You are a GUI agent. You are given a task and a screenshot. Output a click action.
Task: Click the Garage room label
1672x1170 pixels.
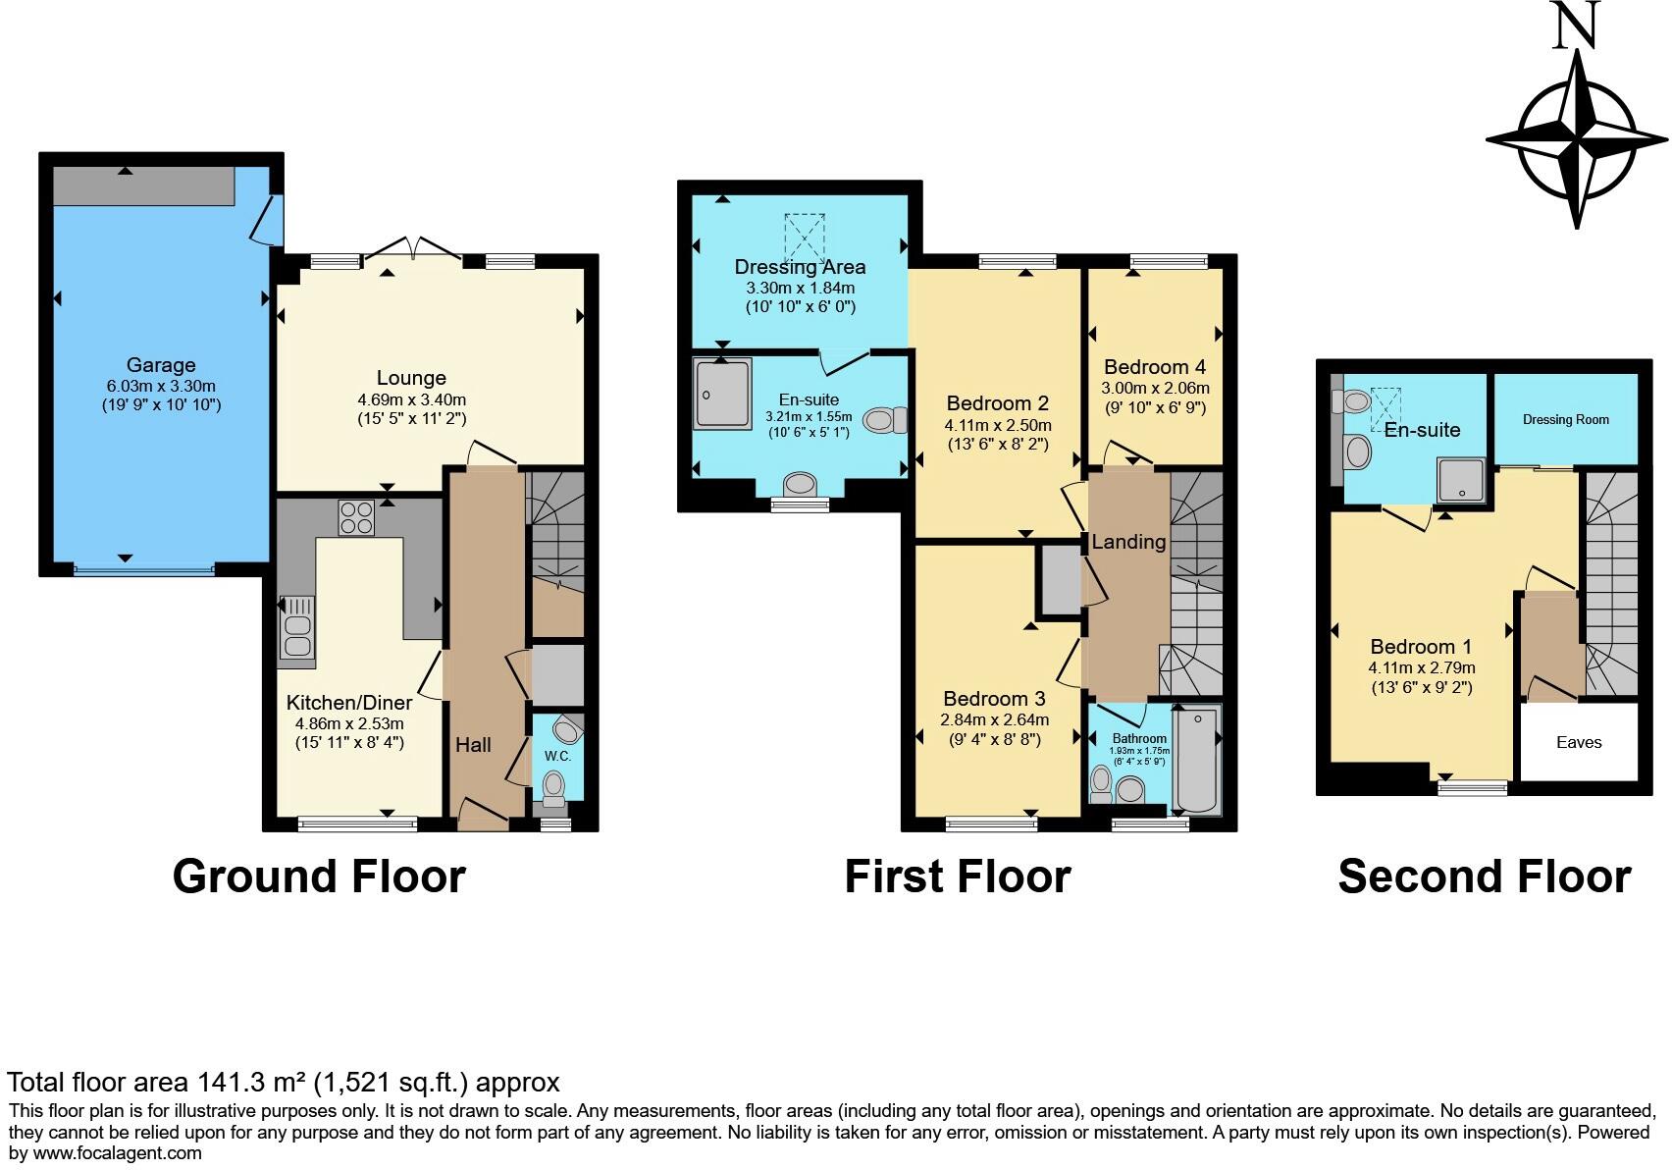pyautogui.click(x=161, y=365)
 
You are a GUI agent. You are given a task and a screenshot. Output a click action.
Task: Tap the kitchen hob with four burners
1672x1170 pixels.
pyautogui.click(x=356, y=517)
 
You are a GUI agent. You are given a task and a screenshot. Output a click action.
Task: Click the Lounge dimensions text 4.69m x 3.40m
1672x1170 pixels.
pyautogui.click(x=411, y=399)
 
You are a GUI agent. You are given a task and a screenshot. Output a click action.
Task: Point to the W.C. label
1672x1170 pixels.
pyautogui.click(x=557, y=756)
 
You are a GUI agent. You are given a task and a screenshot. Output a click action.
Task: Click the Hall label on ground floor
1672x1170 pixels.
pyautogui.click(x=473, y=745)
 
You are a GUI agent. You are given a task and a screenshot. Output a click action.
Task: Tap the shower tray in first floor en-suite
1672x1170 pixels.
pyautogui.click(x=722, y=394)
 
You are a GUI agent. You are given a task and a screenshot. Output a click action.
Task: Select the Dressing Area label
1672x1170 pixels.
pyautogui.click(x=800, y=267)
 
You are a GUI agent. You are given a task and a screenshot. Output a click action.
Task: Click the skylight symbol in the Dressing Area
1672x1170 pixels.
pyautogui.click(x=805, y=238)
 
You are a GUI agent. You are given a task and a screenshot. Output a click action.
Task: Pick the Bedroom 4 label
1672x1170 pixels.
pyautogui.click(x=1154, y=367)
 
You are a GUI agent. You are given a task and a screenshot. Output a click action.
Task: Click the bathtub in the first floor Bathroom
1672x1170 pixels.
pyautogui.click(x=1196, y=761)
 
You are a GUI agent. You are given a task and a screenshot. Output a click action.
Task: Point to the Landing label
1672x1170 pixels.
pyautogui.click(x=1128, y=542)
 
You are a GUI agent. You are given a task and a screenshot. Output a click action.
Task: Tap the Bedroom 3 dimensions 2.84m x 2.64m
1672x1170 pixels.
pyautogui.click(x=994, y=719)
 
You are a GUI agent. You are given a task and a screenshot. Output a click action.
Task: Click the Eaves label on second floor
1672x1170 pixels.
pyautogui.click(x=1579, y=742)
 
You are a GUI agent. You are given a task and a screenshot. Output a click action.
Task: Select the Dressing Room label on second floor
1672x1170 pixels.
pyautogui.click(x=1565, y=419)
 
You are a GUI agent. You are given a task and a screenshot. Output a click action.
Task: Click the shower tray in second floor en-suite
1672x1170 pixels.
pyautogui.click(x=1462, y=480)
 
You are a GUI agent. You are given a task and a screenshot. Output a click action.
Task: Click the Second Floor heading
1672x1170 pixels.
pyautogui.click(x=1484, y=876)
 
